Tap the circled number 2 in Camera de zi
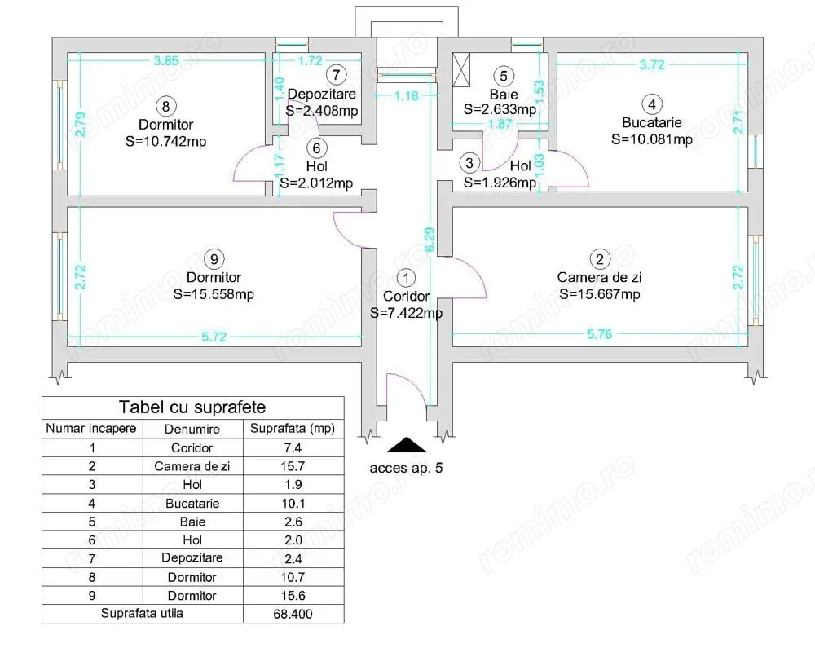[600, 260]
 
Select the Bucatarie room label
[651, 122]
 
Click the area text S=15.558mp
[214, 294]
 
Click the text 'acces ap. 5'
[407, 468]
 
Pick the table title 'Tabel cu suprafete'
[192, 407]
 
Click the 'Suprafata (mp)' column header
[293, 428]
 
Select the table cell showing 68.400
[293, 614]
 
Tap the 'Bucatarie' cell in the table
[192, 503]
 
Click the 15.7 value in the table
[293, 466]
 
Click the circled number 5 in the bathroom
[504, 76]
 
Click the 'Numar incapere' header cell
[92, 428]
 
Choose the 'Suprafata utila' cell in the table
[142, 614]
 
